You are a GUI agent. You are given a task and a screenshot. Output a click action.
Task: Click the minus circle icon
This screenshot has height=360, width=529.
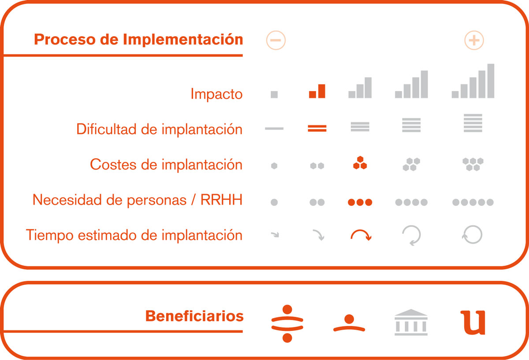276,40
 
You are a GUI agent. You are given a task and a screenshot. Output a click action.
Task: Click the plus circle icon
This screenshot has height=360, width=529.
474,40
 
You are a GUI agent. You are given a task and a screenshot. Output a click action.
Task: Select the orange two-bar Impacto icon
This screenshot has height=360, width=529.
317,91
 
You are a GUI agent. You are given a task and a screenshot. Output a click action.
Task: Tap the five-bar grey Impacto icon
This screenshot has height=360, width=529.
473,81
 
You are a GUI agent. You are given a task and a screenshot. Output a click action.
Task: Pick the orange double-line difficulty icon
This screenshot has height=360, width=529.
317,128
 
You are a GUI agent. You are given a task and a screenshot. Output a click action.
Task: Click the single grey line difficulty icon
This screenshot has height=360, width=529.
274,128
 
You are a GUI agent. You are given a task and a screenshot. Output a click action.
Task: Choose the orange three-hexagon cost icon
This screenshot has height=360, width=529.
360,163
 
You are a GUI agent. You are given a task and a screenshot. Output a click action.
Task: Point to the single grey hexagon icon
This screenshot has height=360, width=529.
274,166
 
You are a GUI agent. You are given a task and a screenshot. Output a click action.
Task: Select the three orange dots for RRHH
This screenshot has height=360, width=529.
360,202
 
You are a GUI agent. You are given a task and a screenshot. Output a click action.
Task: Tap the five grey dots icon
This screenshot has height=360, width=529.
473,202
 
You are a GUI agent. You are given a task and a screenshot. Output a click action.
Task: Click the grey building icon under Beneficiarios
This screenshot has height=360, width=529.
411,322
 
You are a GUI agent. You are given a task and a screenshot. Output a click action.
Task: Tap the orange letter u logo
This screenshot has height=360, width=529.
473,322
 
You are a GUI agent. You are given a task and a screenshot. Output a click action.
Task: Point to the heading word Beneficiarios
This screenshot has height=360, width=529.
194,316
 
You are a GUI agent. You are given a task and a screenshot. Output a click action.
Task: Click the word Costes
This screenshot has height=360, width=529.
113,164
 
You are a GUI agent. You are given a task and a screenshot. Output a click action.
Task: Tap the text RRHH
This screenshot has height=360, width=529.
221,200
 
